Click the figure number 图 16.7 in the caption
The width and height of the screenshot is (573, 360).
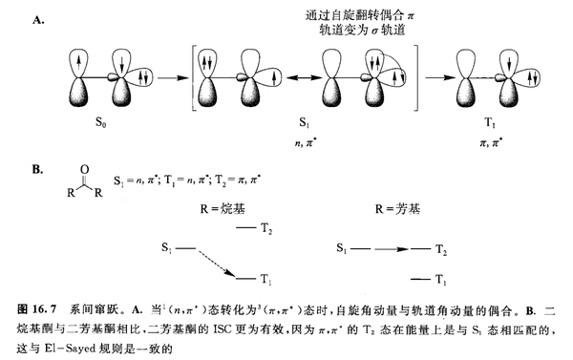coord(38,307)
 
